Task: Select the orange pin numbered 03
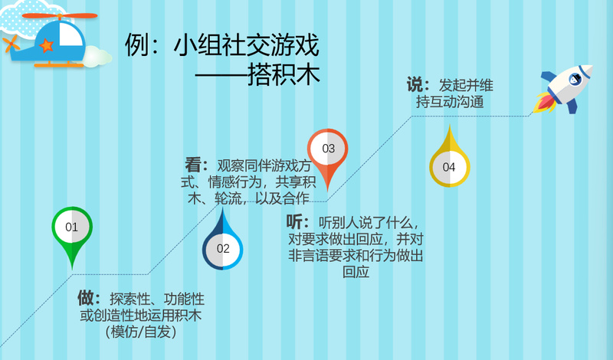[328, 155]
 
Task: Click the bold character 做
[86, 298]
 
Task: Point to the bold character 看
[193, 165]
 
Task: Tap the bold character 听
[294, 221]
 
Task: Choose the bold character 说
[415, 84]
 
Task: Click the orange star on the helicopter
[46, 45]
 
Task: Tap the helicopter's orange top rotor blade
[60, 16]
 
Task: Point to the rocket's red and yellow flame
[545, 103]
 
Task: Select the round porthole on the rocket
[575, 79]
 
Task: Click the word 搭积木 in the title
[284, 74]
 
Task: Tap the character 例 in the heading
[136, 45]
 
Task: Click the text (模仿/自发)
[141, 332]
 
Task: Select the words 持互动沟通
[450, 102]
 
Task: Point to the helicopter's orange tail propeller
[11, 44]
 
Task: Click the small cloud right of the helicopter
[97, 57]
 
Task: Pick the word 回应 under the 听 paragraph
[356, 272]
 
